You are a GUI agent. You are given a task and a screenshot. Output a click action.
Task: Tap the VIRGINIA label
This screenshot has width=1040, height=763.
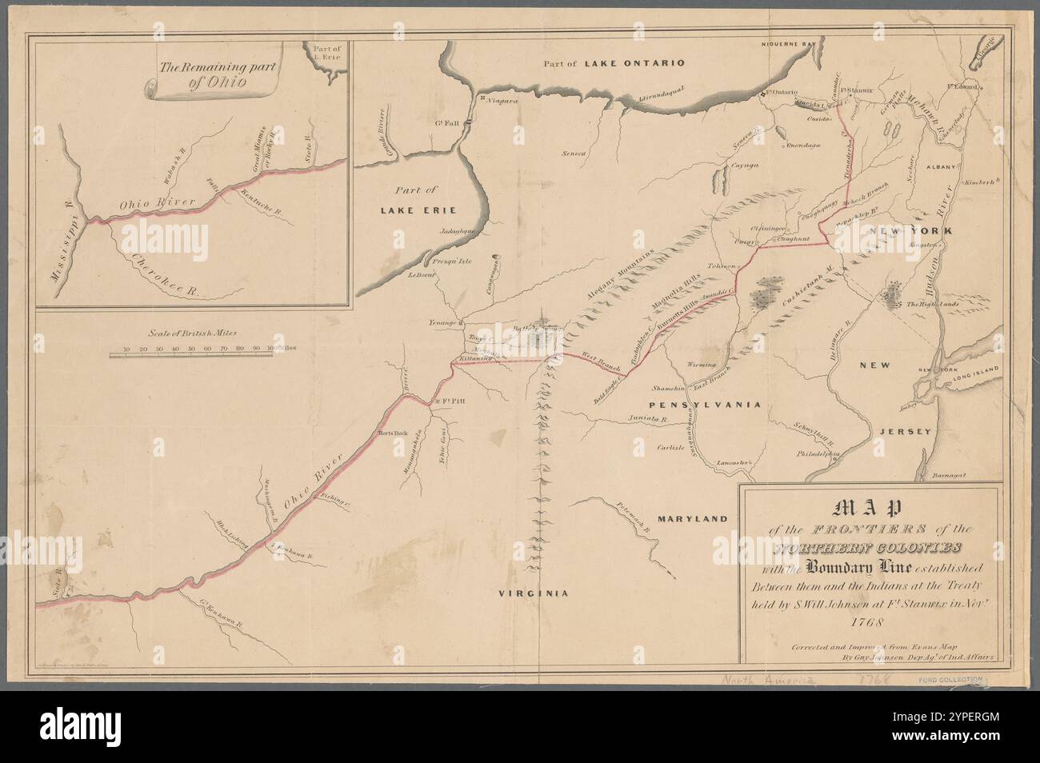(x=532, y=593)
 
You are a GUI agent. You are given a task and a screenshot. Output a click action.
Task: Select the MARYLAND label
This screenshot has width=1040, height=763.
(x=693, y=518)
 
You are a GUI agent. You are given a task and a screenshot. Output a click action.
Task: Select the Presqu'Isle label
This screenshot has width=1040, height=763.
(x=453, y=262)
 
